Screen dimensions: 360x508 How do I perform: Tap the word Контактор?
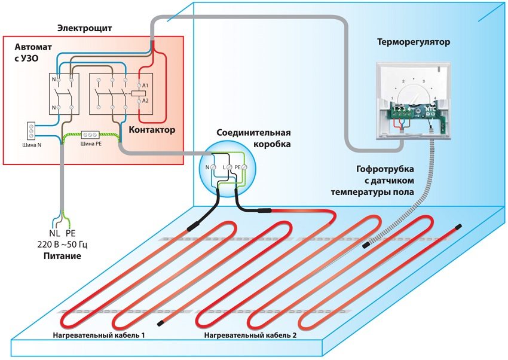[152, 129]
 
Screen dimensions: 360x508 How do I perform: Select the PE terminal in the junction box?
[237, 167]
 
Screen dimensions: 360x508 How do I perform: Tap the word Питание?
[62, 256]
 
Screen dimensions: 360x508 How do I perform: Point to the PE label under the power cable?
[71, 232]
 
